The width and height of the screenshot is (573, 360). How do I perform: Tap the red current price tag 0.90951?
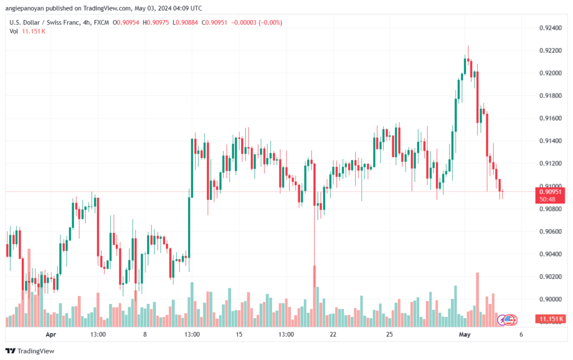coord(548,191)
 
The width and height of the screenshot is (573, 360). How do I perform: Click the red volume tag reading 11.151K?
coord(549,319)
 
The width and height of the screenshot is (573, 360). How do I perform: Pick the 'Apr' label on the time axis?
coord(51,335)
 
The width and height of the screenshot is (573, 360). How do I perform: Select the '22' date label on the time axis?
coord(333,335)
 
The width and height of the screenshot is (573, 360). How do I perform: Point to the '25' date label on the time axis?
coord(390,335)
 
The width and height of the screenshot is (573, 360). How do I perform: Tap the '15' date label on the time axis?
coord(239,335)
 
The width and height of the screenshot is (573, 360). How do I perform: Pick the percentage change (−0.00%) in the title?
coord(269,22)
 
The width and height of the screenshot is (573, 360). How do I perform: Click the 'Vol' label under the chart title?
coord(14,31)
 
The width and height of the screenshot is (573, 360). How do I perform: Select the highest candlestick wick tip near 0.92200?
coord(468,46)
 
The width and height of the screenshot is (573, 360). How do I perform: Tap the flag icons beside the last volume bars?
coord(509,320)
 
